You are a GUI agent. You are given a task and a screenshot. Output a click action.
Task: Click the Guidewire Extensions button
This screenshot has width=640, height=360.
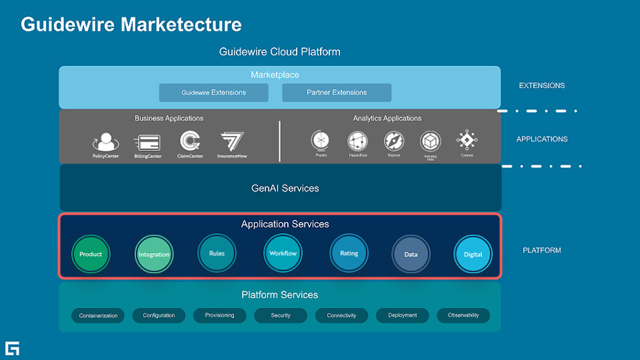(x=213, y=92)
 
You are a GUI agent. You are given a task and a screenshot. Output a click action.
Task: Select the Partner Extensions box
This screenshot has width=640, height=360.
(x=336, y=92)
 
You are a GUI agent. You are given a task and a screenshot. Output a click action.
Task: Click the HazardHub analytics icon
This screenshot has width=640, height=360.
(x=357, y=141)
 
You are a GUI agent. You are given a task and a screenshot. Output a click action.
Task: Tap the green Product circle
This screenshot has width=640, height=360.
(x=91, y=254)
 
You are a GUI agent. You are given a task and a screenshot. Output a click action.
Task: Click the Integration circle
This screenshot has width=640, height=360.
(x=154, y=254)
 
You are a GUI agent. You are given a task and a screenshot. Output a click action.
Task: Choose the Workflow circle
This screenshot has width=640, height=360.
(x=283, y=253)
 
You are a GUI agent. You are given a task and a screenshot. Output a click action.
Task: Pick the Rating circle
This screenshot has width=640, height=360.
(x=348, y=253)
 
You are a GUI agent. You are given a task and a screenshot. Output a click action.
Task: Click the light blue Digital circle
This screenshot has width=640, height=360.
(x=473, y=254)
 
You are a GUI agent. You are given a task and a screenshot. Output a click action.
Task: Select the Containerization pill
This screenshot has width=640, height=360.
(x=98, y=315)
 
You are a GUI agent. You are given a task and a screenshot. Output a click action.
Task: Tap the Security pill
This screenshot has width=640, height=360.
(x=280, y=315)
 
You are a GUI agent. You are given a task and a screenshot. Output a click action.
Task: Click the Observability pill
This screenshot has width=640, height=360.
(x=464, y=315)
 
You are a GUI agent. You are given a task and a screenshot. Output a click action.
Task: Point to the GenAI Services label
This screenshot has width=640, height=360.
(x=285, y=189)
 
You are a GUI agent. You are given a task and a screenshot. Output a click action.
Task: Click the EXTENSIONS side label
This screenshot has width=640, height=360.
(x=542, y=85)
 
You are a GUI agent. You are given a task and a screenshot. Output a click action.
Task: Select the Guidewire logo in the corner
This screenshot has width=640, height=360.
(x=12, y=348)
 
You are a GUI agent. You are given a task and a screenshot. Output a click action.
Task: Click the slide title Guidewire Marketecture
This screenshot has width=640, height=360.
(x=132, y=24)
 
